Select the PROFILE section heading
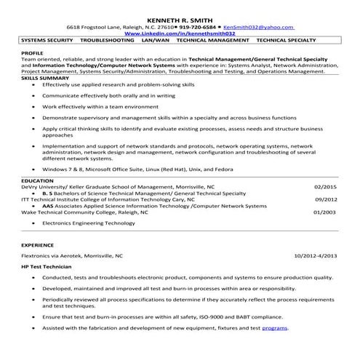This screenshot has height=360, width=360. coord(32,53)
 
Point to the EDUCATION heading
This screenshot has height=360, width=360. coord(37,179)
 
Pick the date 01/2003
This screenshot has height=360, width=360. coord(325,212)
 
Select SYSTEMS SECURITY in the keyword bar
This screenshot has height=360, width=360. coord(47,41)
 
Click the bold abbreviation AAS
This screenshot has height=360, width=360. coord(48,205)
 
